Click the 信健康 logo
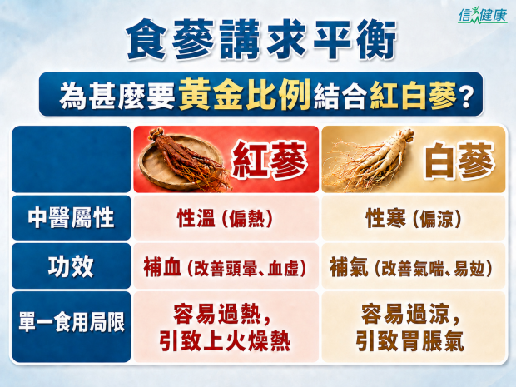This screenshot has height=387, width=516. pyautogui.click(x=483, y=16)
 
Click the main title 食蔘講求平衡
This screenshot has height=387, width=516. pyautogui.click(x=261, y=39)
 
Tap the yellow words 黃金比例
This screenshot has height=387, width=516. pyautogui.click(x=245, y=94)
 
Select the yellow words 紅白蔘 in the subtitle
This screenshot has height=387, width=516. pyautogui.click(x=413, y=95)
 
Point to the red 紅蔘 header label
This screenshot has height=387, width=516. pyautogui.click(x=269, y=160)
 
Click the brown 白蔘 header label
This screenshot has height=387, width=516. pyautogui.click(x=459, y=161)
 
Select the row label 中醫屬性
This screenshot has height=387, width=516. pyautogui.click(x=71, y=217)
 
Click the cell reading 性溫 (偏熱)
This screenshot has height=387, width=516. pyautogui.click(x=225, y=217)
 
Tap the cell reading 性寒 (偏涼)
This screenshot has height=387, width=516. pyautogui.click(x=414, y=217)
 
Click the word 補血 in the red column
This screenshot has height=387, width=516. pyautogui.click(x=162, y=267)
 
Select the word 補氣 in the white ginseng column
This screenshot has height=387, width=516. pyautogui.click(x=349, y=267)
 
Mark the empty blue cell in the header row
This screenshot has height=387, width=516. pyautogui.click(x=71, y=159)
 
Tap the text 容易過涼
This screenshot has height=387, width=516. pyautogui.click(x=405, y=314)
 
